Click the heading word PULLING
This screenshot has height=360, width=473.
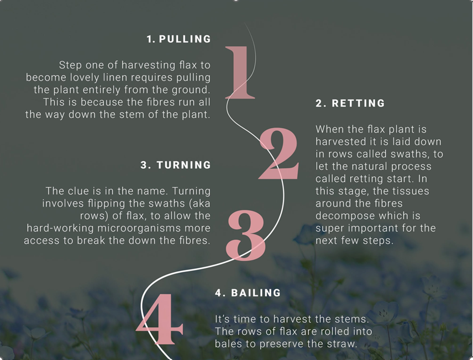(185, 39)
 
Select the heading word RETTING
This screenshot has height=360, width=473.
(359, 103)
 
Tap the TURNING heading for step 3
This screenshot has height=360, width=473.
(183, 165)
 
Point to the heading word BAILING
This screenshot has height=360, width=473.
(256, 293)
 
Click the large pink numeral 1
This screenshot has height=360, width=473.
(240, 72)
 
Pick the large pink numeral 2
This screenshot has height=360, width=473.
(278, 153)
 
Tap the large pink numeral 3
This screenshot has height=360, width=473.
(246, 235)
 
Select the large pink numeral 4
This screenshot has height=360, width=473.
(159, 319)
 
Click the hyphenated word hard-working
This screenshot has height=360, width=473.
(60, 228)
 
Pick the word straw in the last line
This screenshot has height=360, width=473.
(343, 344)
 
